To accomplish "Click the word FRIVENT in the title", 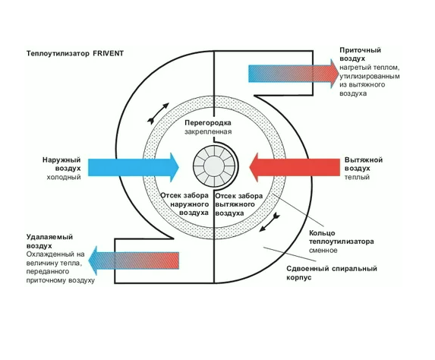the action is (109, 53).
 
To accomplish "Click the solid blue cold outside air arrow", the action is (134, 167).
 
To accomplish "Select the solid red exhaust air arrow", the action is (295, 167).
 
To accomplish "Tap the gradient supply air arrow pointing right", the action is (294, 74).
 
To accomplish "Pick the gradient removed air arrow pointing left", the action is (134, 261).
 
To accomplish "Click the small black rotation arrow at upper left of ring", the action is (158, 113).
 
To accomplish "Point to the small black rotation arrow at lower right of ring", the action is (270, 222).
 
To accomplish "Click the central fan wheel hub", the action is (214, 166).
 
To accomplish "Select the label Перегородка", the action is (208, 123).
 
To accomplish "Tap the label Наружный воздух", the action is (61, 164).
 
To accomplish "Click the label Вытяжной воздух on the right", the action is (364, 164).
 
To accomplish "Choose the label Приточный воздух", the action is (360, 55).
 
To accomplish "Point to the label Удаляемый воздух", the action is (49, 242).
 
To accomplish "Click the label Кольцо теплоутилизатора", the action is (341, 237).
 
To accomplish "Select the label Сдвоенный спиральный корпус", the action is (332, 273).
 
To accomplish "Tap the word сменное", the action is (323, 251).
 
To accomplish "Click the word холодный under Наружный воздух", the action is (64, 177).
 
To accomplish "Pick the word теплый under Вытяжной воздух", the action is (357, 177).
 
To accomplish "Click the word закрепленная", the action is (208, 131).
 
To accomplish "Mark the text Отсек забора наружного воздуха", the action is (184, 204).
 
